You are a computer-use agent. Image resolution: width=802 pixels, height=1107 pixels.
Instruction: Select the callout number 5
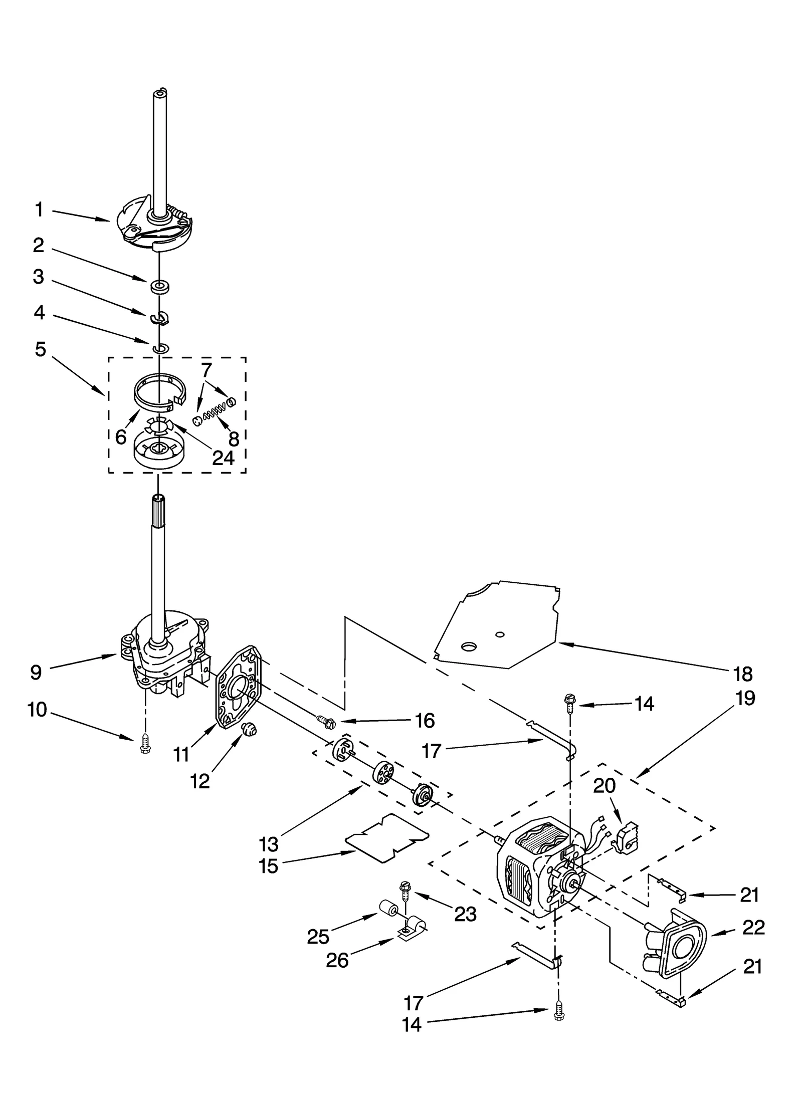(x=40, y=349)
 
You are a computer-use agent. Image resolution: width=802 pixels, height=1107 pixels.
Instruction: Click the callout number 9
(x=36, y=673)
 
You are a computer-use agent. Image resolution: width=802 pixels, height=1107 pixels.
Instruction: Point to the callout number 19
(x=746, y=698)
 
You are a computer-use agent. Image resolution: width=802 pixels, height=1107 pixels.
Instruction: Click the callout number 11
(x=180, y=753)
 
